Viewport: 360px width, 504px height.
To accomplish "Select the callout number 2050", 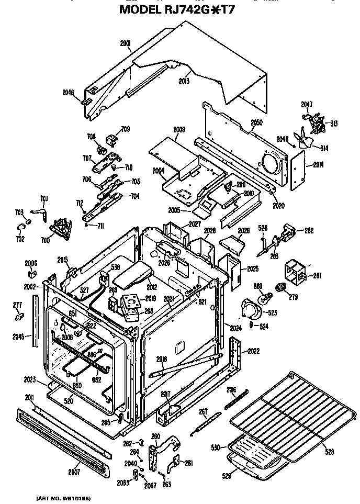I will pos(256,123).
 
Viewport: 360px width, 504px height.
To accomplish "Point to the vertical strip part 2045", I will pos(36,320).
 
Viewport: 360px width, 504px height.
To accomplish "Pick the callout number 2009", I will pos(179,129).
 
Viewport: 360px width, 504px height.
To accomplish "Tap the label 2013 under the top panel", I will pos(184,81).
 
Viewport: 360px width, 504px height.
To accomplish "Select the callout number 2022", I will pos(254,351).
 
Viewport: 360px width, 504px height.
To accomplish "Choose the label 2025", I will pos(253,269).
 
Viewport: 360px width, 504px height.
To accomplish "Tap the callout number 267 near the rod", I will pos(204,411).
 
